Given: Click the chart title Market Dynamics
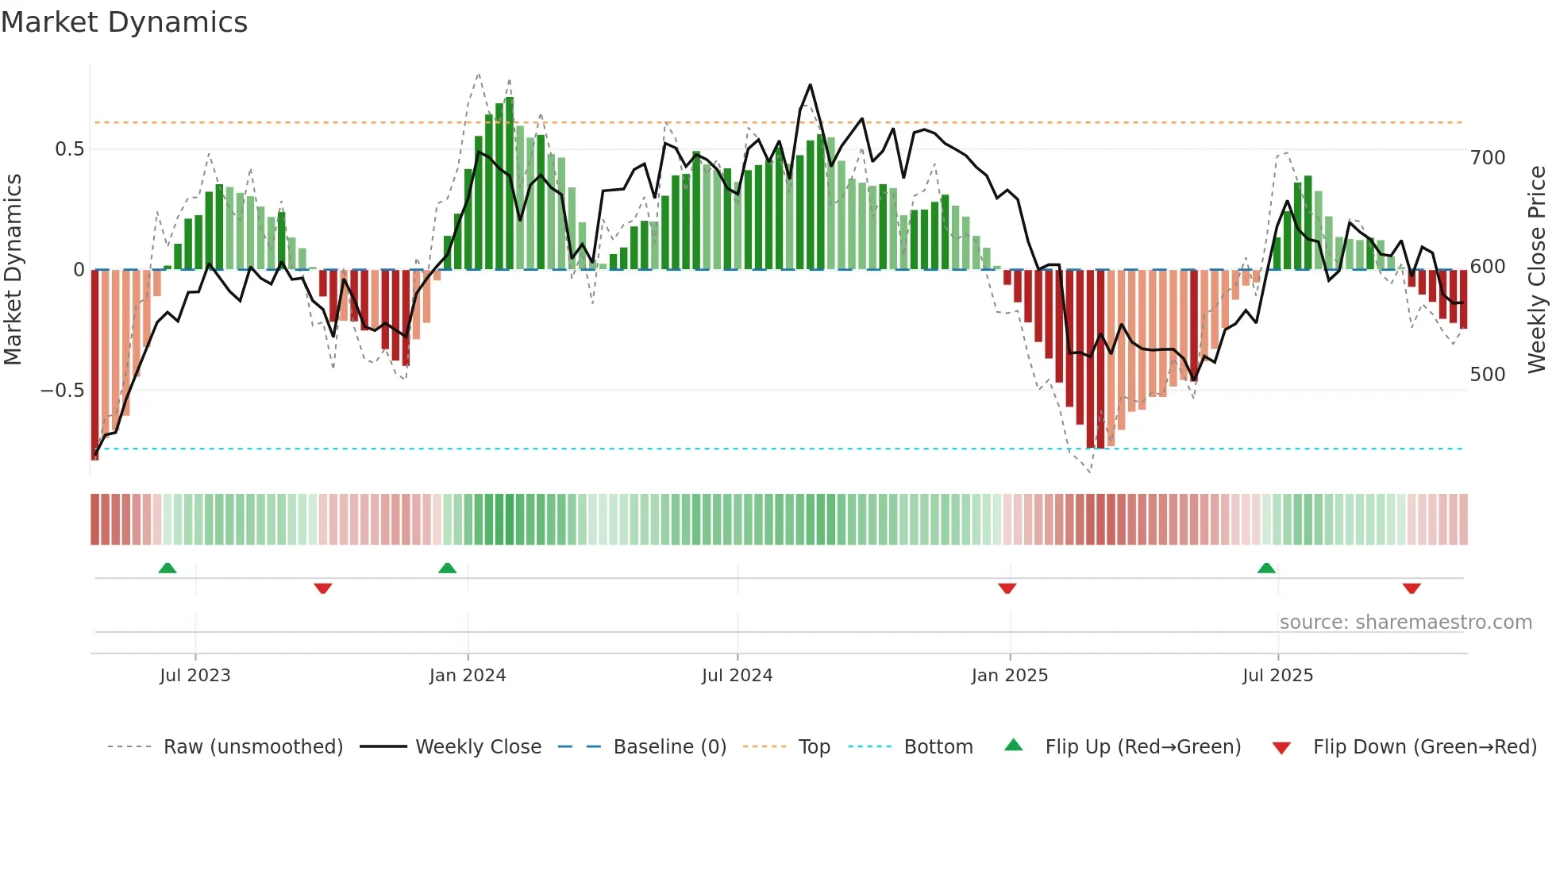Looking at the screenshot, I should pos(124,22).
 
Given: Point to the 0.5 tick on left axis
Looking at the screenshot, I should pos(69,149).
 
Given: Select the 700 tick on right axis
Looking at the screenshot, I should pos(1488,158).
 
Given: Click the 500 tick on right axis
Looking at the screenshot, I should pos(1488,375).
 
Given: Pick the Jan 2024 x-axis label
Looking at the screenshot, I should pos(468,676).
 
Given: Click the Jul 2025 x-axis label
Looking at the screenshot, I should pos(1277,676).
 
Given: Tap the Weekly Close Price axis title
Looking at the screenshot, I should pos(1537,270).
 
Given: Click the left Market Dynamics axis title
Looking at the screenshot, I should pos(13,270).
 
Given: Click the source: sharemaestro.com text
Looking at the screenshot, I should pos(1405,623).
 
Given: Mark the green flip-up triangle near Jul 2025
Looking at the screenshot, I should pos(1266,569).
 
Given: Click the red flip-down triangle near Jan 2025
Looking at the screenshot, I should pos(1007,588).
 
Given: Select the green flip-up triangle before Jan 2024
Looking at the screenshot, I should pos(448,569).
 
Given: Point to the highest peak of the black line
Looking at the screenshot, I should pos(810,85).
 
